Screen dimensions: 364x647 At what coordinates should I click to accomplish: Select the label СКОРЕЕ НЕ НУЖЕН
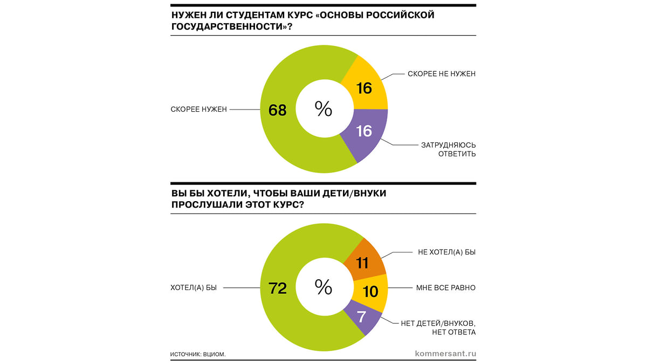coord(440,74)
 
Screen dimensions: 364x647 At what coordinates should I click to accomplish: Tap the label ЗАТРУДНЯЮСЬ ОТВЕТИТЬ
coord(448,149)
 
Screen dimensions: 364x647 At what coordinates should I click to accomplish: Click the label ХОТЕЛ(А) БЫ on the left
coord(194,288)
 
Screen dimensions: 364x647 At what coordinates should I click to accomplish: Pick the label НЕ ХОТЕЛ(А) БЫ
coord(447,252)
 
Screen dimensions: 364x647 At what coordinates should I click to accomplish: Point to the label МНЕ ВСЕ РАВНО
coord(445,288)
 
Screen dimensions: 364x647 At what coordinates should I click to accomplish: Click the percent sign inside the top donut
coord(323,109)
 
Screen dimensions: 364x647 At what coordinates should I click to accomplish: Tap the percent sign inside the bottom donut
coord(323,287)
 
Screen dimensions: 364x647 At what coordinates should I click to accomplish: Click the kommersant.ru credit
coord(445,354)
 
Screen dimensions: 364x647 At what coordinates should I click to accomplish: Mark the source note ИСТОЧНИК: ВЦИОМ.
coord(198,354)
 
